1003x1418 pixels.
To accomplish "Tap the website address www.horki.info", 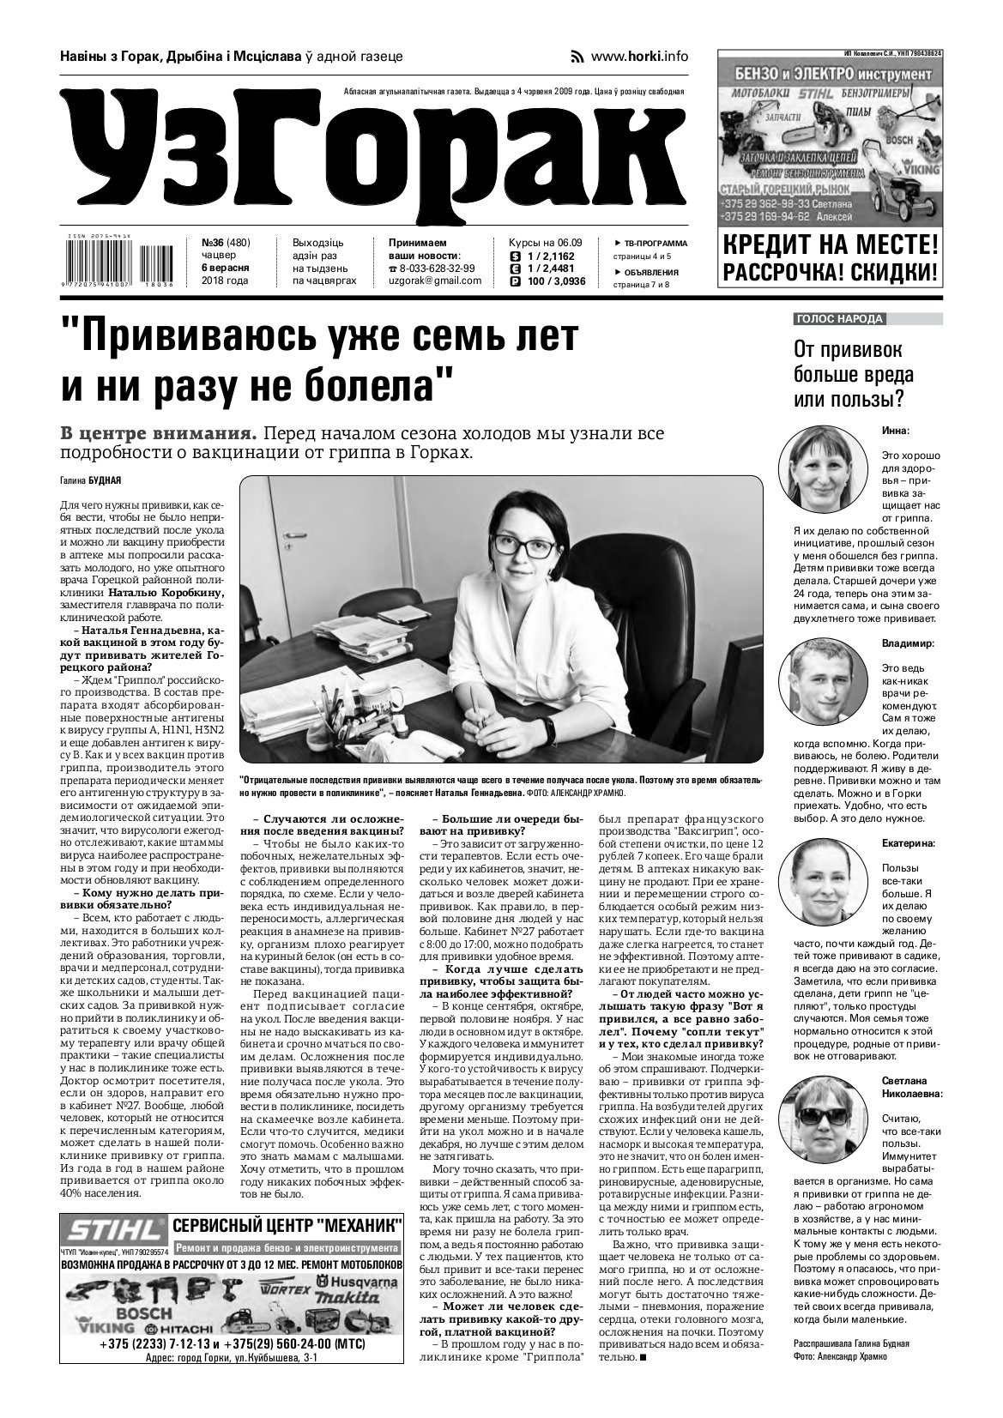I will (639, 57).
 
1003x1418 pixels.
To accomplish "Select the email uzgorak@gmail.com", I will (435, 281).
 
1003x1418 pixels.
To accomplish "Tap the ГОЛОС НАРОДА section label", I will (839, 319).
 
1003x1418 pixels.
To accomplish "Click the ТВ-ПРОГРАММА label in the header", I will (656, 243).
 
